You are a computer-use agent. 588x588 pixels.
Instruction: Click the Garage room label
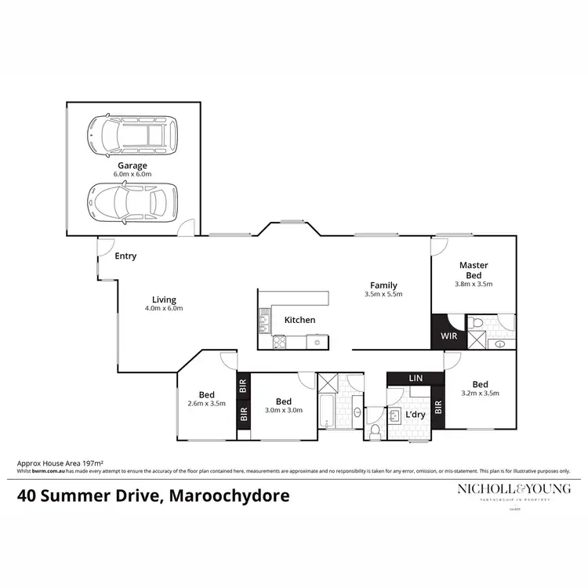click(x=133, y=166)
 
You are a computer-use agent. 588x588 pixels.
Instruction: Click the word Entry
click(x=125, y=256)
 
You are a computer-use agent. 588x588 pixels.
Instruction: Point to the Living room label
click(x=164, y=299)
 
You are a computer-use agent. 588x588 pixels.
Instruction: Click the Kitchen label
click(x=299, y=320)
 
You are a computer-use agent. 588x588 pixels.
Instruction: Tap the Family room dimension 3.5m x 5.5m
click(x=383, y=295)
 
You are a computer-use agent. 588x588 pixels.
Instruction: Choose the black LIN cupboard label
click(x=416, y=379)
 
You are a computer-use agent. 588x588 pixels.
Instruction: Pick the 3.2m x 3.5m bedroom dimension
click(x=481, y=394)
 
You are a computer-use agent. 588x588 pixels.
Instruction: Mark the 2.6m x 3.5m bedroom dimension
click(x=207, y=404)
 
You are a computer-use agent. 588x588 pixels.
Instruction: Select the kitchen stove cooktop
click(x=278, y=341)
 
